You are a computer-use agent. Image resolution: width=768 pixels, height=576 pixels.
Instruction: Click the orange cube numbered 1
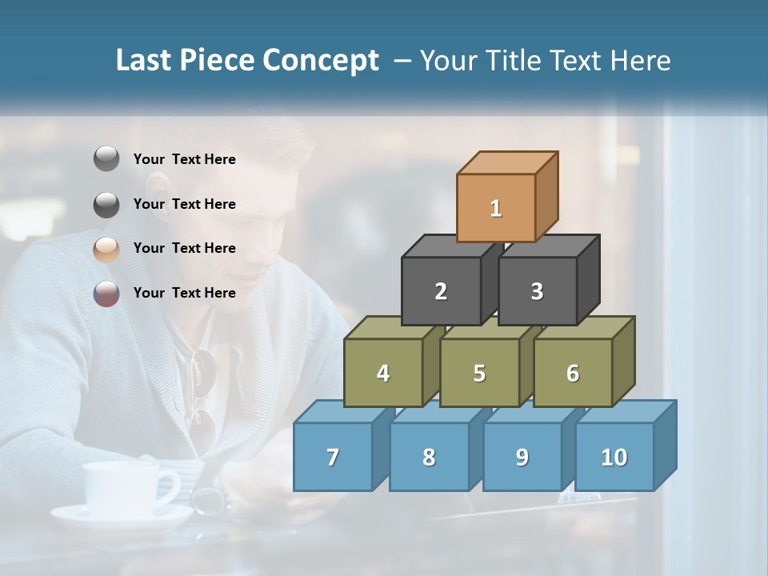(x=496, y=208)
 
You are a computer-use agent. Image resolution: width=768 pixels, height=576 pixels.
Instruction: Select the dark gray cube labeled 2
(x=441, y=291)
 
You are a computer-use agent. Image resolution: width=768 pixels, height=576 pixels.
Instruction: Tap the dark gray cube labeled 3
(x=537, y=291)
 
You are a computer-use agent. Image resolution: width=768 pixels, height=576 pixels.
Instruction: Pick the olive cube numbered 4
(x=383, y=373)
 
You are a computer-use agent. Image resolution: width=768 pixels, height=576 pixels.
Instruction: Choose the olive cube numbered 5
(x=479, y=373)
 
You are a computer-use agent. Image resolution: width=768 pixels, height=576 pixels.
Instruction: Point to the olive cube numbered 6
(x=573, y=373)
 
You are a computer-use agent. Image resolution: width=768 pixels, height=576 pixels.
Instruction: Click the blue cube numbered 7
(x=333, y=457)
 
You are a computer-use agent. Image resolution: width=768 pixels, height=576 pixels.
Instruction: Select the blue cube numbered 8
(x=429, y=457)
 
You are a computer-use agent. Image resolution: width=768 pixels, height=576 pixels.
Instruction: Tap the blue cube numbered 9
(x=522, y=457)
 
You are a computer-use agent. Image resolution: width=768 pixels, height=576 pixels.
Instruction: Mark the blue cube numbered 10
(x=614, y=457)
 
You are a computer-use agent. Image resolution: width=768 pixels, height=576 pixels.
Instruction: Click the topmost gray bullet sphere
(x=106, y=159)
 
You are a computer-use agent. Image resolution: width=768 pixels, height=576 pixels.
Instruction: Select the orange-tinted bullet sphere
(x=106, y=249)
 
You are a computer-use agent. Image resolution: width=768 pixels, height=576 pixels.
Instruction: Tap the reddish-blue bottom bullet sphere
(x=106, y=294)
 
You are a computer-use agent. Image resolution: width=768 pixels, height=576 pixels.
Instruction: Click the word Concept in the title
(x=320, y=61)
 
